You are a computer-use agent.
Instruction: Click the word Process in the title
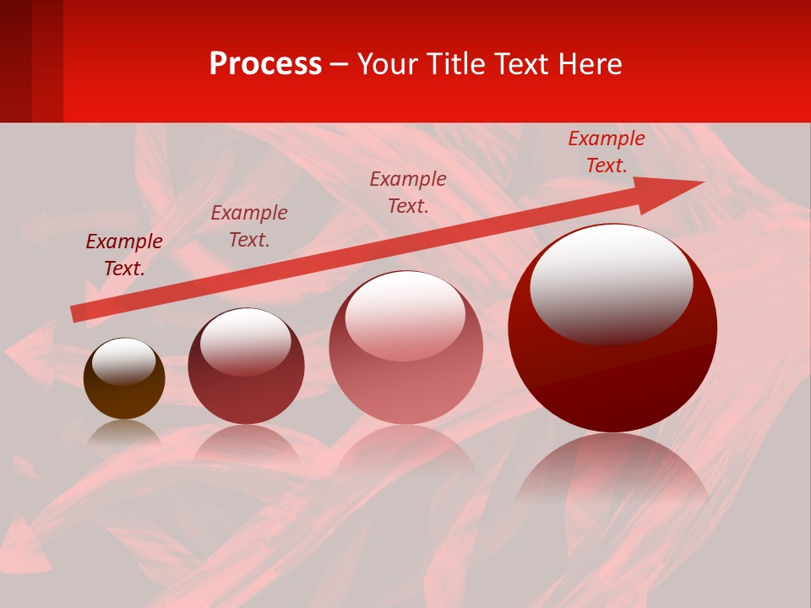pos(265,64)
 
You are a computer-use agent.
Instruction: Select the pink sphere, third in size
pos(406,380)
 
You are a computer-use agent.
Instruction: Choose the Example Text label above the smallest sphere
pos(124,255)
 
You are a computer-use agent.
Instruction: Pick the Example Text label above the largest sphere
pos(607,152)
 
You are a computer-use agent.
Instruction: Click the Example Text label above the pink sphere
pos(408,193)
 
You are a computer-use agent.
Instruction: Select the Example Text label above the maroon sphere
pos(249,226)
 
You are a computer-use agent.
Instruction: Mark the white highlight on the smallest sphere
pos(123,361)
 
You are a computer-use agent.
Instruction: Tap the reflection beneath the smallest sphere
pos(124,432)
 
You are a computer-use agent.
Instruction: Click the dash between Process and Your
pos(340,65)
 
